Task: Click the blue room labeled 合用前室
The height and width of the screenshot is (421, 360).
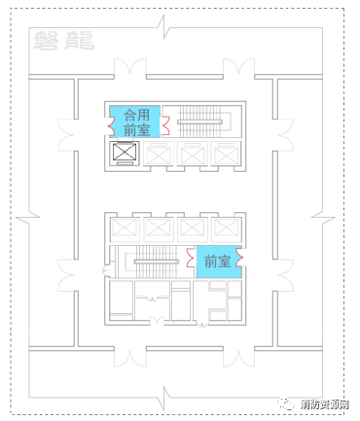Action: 130,121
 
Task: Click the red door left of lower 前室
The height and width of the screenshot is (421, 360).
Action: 191,259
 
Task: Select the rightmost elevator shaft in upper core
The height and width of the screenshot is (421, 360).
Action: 226,154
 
